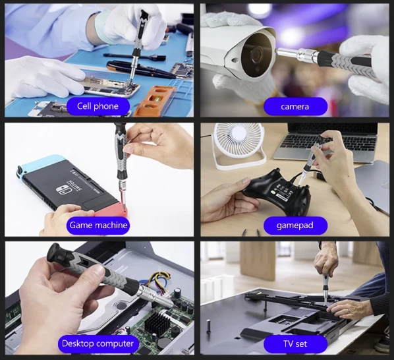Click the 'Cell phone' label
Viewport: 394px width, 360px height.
98,106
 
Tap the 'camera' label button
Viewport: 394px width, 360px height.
295,106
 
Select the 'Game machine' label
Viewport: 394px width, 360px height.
98,225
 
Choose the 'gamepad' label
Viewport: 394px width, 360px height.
295,225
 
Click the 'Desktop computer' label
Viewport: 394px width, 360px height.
98,344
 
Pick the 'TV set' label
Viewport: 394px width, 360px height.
295,344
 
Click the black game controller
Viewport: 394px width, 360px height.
277,191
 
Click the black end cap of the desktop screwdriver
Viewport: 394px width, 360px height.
55,253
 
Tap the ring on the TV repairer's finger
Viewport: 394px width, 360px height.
349,311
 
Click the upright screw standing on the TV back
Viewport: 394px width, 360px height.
208,326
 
